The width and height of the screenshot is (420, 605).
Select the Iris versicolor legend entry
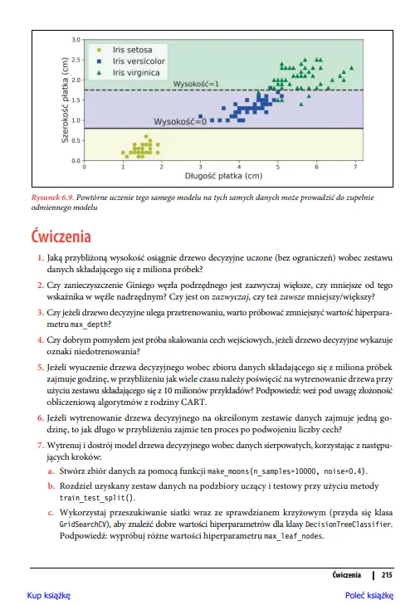(138, 61)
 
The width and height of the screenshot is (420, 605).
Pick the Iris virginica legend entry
(135, 72)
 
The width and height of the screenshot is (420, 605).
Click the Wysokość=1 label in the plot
(196, 85)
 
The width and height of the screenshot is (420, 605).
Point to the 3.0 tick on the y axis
(76, 40)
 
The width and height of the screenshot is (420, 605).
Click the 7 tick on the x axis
(354, 167)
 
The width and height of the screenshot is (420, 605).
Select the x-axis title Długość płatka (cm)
(223, 176)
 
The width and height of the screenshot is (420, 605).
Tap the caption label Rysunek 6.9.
(51, 198)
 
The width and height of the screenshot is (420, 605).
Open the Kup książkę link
(48, 595)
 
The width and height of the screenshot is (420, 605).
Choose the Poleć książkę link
(369, 595)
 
